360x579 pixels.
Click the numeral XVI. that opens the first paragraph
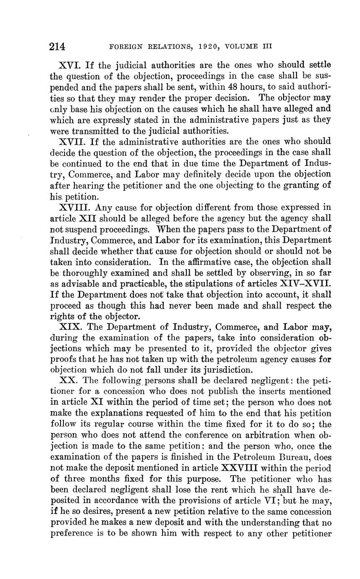click(x=71, y=65)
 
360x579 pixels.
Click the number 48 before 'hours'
click(x=221, y=87)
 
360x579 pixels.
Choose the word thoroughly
click(x=85, y=273)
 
